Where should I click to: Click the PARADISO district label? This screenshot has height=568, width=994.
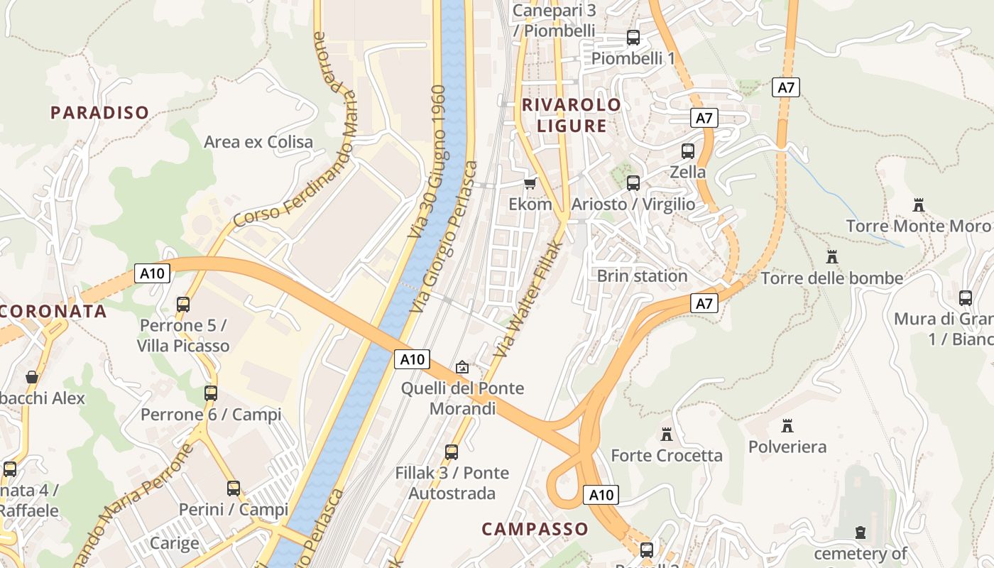pos(99,112)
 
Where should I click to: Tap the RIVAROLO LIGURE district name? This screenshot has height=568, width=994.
pos(572,115)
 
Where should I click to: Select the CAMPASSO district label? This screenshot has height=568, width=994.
pos(535,529)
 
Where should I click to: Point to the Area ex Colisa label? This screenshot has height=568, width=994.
pos(258,142)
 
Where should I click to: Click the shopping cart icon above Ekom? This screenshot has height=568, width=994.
pos(530,184)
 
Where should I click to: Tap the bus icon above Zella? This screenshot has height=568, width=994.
pos(687,151)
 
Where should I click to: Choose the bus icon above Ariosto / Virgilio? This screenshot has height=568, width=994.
pos(633,183)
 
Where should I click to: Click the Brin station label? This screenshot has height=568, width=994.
pos(642,275)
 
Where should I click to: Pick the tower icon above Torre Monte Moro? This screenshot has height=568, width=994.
pos(918,205)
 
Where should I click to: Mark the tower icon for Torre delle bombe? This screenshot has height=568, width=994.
pos(831,256)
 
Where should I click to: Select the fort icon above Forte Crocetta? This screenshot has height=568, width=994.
pos(666,434)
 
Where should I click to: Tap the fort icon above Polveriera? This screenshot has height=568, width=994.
pos(787,426)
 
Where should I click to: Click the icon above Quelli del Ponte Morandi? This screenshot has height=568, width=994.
pos(462,367)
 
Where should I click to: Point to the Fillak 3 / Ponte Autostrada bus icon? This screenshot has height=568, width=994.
pos(452,452)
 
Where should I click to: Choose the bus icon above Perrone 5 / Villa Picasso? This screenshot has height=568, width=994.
pos(183,305)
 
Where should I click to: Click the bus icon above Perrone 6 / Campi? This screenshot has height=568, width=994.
pos(211,393)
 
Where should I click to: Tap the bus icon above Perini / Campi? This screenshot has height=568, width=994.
pos(233,488)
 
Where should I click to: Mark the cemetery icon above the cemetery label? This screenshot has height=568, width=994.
pos(861,532)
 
